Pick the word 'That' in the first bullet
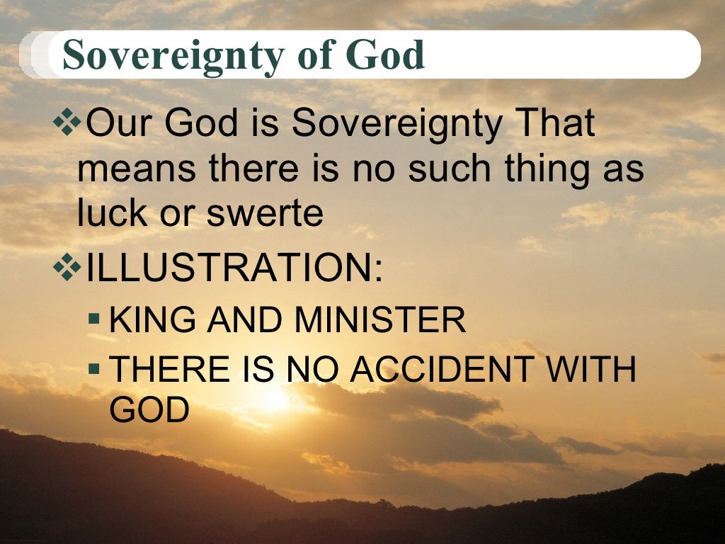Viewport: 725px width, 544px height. tap(556, 125)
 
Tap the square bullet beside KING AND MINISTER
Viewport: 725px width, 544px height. tap(94, 320)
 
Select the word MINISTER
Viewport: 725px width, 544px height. tap(380, 321)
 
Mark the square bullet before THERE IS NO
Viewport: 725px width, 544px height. tap(94, 369)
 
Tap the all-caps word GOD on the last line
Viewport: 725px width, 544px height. tap(149, 410)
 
